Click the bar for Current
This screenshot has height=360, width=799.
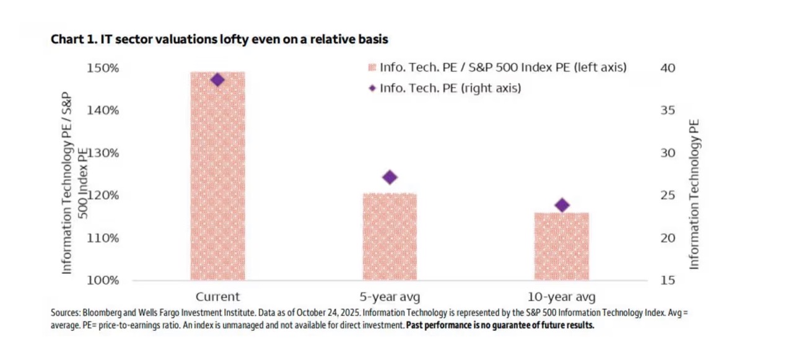[x=217, y=176]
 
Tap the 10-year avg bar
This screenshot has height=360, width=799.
[x=562, y=247]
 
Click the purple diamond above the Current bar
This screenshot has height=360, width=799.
[x=217, y=80]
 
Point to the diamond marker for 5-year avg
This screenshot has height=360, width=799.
[x=390, y=177]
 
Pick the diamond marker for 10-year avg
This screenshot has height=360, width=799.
[x=562, y=205]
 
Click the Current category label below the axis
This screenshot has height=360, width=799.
[x=217, y=296]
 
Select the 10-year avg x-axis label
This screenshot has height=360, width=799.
[x=562, y=296]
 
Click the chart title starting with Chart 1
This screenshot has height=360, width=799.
[x=219, y=40]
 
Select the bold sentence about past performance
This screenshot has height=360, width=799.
[x=500, y=326]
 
